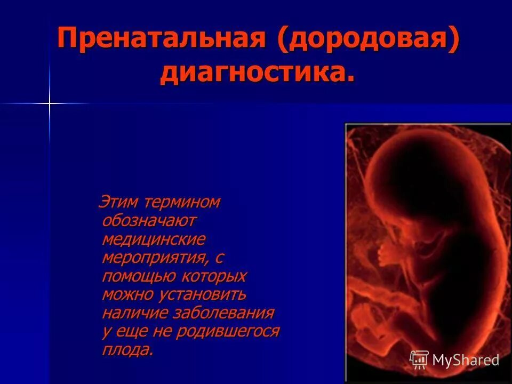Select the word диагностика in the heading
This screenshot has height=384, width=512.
pos(257,73)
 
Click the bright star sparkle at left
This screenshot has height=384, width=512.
pos(50,103)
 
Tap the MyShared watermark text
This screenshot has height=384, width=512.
pos(466,360)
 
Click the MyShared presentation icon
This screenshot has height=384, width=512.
pos(419,359)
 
